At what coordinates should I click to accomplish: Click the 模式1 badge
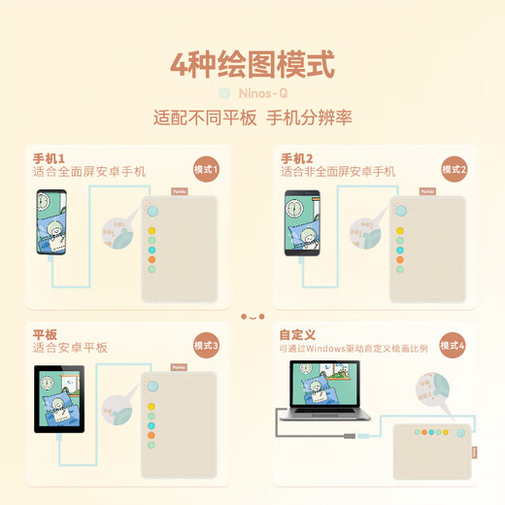pyautogui.click(x=207, y=170)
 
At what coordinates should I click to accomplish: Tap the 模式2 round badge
pyautogui.click(x=454, y=170)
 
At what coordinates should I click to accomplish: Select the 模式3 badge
pyautogui.click(x=207, y=345)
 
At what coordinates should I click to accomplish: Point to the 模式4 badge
pyautogui.click(x=454, y=345)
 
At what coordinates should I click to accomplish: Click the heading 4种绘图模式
pyautogui.click(x=252, y=65)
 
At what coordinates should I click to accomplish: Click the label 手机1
pyautogui.click(x=50, y=158)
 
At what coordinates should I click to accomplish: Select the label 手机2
pyautogui.click(x=297, y=158)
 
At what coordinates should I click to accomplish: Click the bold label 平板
pyautogui.click(x=45, y=333)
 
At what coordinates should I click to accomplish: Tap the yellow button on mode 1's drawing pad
pyautogui.click(x=151, y=231)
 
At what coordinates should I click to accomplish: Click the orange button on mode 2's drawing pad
pyautogui.click(x=399, y=258)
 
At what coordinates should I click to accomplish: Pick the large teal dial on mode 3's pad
pyautogui.click(x=151, y=385)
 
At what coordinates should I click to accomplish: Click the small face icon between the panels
pyautogui.click(x=252, y=316)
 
